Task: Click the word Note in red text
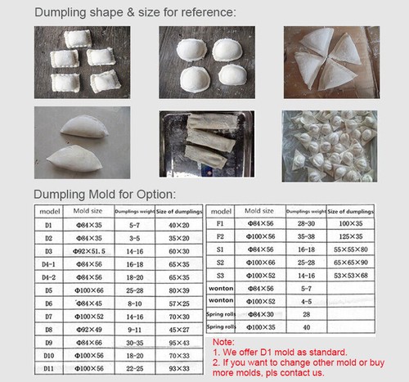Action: pos(222,342)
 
